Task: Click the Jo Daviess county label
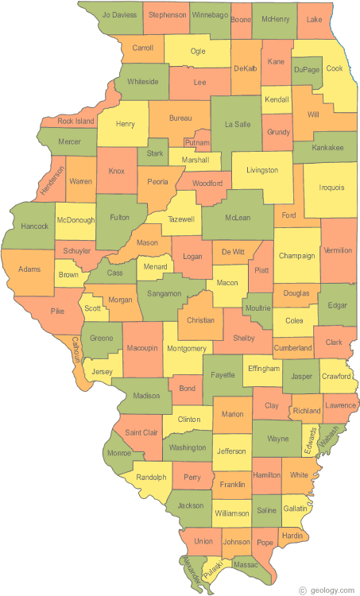pos(118,15)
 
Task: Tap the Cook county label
pos(335,69)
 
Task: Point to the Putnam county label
pos(197,143)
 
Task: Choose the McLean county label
pos(237,217)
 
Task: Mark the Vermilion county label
pos(338,251)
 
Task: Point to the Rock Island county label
pos(76,122)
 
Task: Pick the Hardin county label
pos(292,536)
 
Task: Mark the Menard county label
pos(155,267)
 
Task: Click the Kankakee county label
pos(327,147)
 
